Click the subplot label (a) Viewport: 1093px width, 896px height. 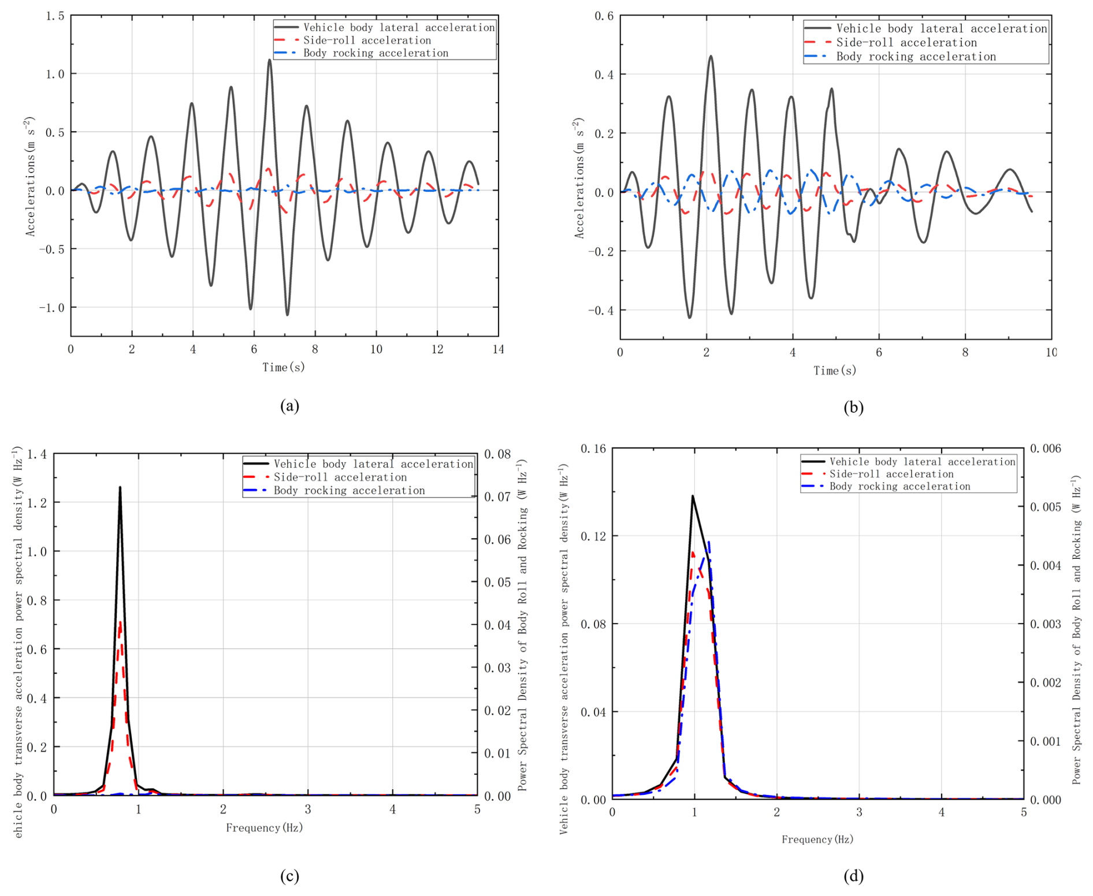[289, 406]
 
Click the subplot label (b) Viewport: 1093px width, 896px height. [853, 408]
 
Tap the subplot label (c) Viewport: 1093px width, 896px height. [289, 876]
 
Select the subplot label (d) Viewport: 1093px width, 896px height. [853, 876]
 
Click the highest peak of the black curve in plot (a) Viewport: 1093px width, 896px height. [269, 60]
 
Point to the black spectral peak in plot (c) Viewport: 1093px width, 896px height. [120, 488]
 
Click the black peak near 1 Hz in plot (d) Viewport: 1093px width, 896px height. [692, 496]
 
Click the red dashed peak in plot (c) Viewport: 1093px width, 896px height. [120, 622]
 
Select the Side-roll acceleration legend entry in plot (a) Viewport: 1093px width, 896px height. [367, 40]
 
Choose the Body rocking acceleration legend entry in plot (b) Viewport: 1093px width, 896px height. [916, 57]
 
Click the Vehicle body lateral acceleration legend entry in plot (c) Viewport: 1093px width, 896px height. [373, 464]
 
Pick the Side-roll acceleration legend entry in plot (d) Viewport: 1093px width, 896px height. [891, 474]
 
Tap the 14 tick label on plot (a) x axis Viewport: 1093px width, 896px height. [498, 349]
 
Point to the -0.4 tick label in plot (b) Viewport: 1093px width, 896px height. [600, 311]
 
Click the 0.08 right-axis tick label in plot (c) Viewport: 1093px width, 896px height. [497, 454]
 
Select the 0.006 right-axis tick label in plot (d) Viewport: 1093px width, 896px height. [1046, 449]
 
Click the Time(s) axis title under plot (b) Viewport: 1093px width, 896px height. [834, 371]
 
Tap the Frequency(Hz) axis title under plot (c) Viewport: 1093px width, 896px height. [264, 828]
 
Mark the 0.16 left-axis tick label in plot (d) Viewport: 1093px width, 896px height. [593, 449]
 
